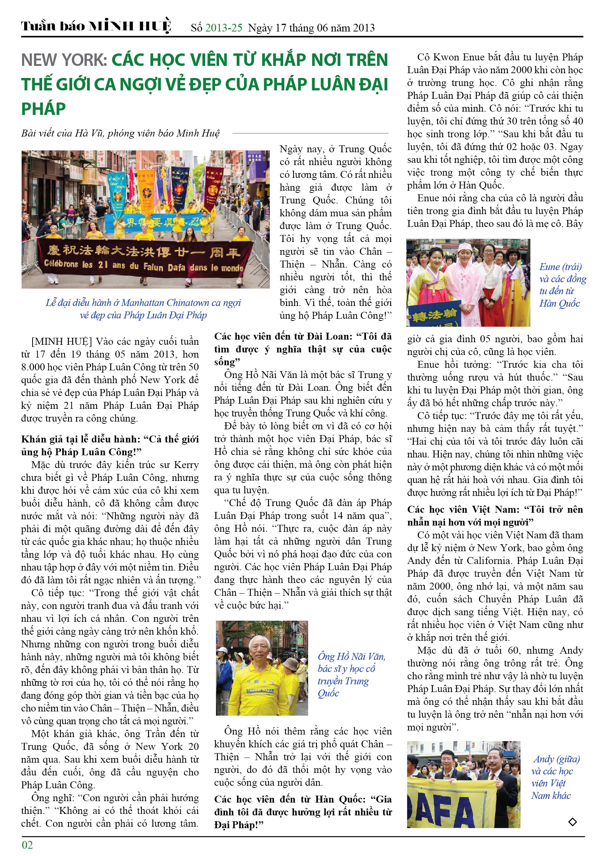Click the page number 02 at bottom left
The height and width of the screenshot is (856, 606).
click(27, 844)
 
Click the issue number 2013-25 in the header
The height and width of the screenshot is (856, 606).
click(223, 28)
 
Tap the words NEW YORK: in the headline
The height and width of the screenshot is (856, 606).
click(64, 60)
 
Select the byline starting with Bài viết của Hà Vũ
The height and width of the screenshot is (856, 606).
click(120, 133)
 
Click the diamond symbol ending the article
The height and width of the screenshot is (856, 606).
click(572, 821)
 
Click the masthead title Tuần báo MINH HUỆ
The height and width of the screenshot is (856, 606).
click(96, 26)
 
